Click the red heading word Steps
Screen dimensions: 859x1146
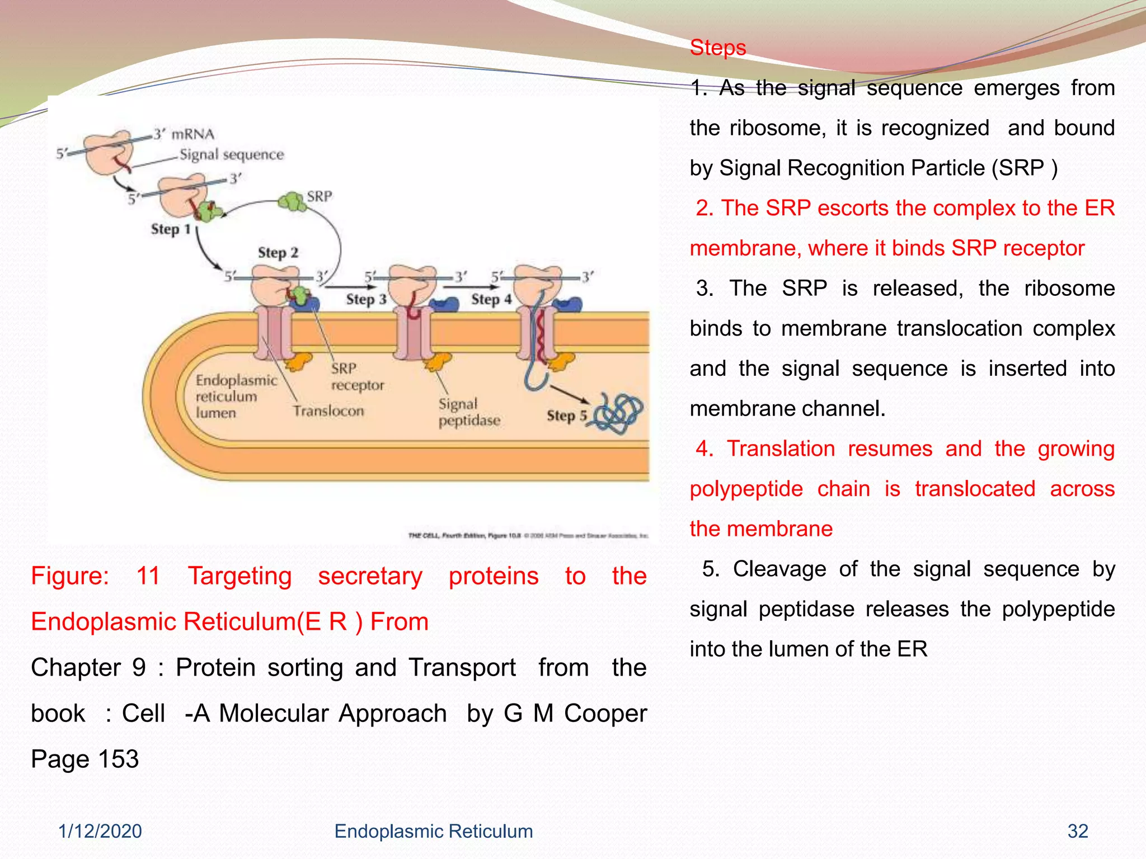point(717,48)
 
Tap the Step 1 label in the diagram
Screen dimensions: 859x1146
point(171,229)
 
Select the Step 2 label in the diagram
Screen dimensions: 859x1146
point(278,253)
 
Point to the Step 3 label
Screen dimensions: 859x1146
point(366,299)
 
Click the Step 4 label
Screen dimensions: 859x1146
point(491,299)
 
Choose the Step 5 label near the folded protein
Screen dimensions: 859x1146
point(567,416)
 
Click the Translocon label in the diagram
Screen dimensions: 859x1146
point(328,411)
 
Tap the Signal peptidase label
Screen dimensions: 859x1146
point(469,412)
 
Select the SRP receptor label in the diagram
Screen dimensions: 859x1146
point(357,377)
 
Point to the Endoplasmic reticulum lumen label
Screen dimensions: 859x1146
point(236,397)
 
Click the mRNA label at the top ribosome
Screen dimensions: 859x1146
point(192,134)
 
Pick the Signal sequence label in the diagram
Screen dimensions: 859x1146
point(232,154)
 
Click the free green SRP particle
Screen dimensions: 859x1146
point(293,201)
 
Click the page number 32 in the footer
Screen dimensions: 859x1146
point(1077,831)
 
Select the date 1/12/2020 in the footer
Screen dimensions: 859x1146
point(100,831)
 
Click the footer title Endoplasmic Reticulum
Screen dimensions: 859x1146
point(433,831)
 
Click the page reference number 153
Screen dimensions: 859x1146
point(118,759)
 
